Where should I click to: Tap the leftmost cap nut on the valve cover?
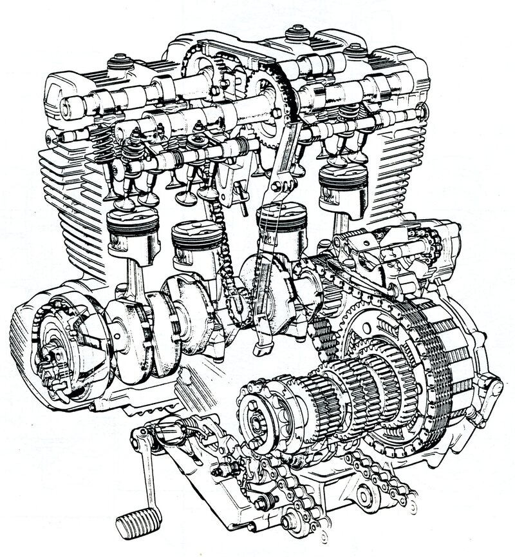pyautogui.click(x=120, y=62)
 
